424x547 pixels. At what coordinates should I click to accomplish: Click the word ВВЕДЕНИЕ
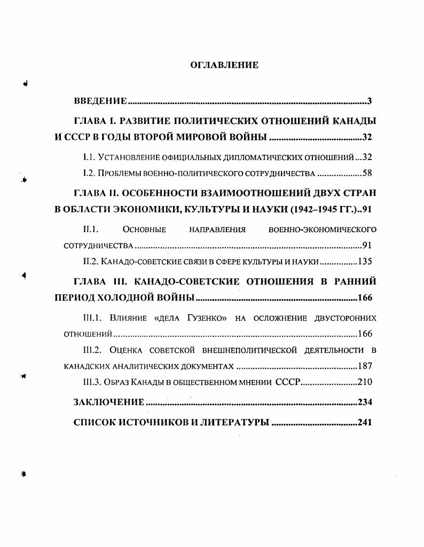100,101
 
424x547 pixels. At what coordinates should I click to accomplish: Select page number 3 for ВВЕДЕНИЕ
369,101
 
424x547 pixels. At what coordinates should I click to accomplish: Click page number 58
367,173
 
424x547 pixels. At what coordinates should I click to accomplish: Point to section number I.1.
89,157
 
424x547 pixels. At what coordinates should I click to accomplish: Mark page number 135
365,261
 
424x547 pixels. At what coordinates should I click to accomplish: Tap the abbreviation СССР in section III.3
288,382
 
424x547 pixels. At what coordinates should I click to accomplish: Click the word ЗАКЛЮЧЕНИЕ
108,402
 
